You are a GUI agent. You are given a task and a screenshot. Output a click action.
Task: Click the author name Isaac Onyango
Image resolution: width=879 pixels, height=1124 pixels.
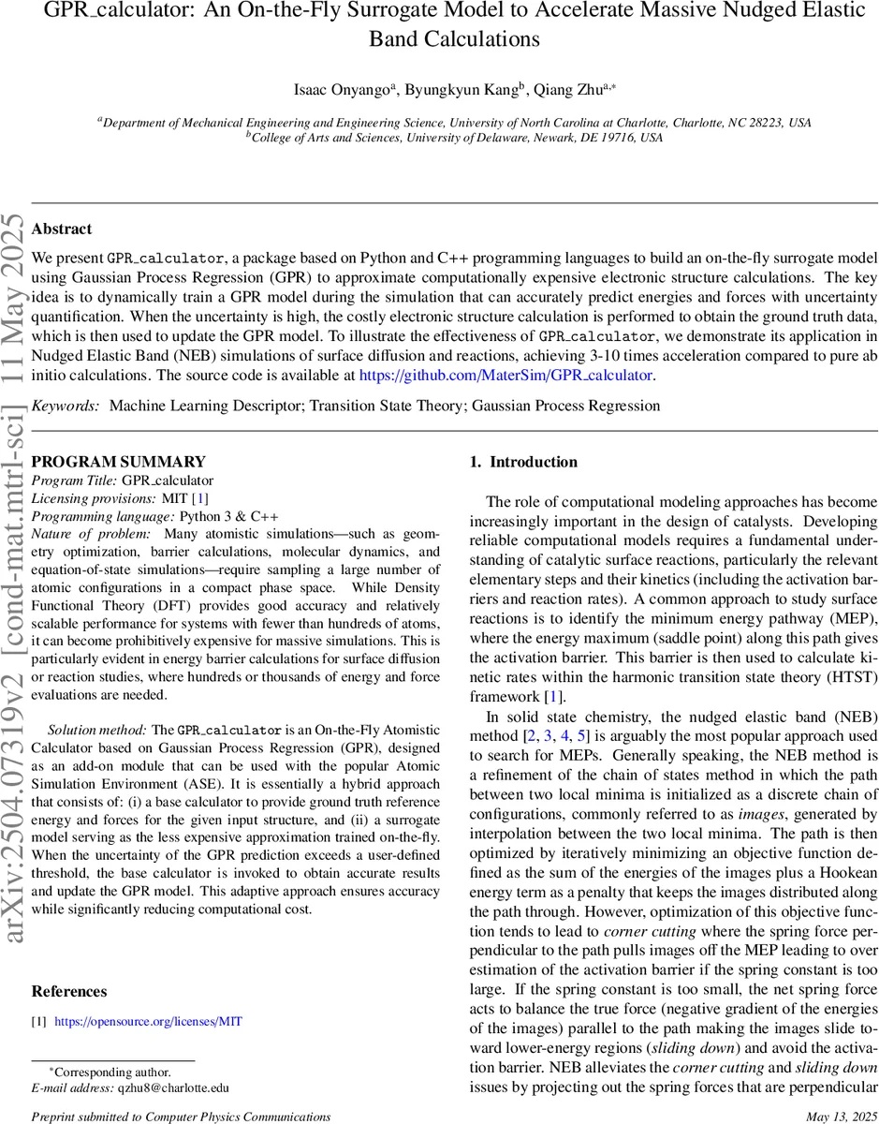(344, 89)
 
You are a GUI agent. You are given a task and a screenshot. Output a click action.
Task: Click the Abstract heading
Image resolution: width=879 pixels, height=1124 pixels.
(62, 229)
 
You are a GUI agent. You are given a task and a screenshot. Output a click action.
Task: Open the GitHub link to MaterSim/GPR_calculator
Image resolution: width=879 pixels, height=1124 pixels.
(505, 375)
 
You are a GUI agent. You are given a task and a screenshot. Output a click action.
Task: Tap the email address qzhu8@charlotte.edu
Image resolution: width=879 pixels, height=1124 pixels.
(172, 1087)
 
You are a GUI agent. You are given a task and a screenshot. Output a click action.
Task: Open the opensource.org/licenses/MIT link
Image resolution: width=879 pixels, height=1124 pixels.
(148, 1021)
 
